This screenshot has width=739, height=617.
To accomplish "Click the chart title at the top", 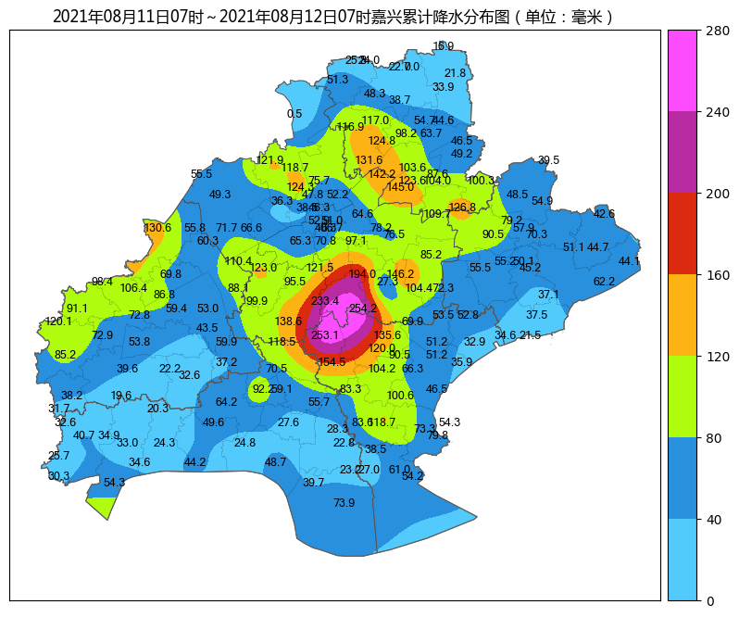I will point(333,17).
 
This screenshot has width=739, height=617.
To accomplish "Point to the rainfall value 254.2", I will point(363,308).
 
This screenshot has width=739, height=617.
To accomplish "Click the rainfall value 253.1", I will point(324,335).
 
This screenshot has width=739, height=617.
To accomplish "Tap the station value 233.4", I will point(324,301).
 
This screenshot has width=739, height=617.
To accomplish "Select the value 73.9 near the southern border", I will point(344,503).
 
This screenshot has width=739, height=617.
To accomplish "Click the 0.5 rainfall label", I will point(294,114).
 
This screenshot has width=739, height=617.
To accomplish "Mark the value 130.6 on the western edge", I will point(157,228).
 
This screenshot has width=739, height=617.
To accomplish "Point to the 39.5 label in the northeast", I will point(548,160).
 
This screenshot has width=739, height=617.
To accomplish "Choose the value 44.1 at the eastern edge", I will point(629,261).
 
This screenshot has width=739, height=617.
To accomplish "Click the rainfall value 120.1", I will point(57,321).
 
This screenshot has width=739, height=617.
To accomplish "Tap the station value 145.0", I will point(400,187).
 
